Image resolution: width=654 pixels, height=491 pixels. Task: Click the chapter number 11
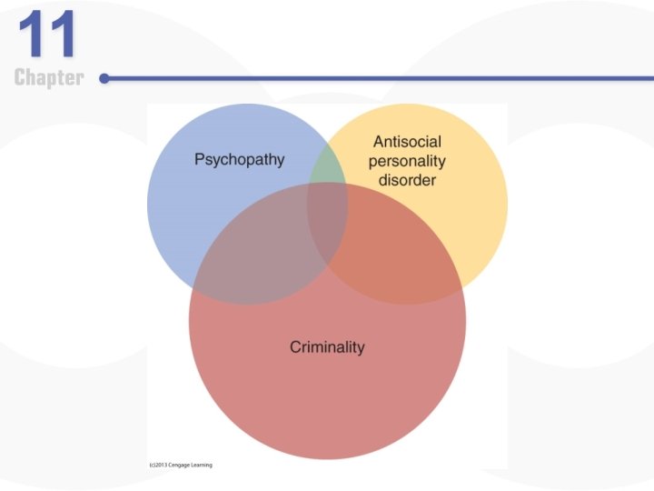48,35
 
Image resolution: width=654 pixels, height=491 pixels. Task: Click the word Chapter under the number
49,78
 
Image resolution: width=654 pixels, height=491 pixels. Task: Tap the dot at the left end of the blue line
104,79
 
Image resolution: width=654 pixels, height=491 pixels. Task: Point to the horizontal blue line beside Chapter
363,79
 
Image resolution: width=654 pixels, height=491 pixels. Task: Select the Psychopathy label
239,160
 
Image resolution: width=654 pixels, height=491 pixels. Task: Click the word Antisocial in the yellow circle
409,142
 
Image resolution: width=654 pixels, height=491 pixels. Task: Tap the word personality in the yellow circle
407,161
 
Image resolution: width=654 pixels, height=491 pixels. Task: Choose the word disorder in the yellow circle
408,180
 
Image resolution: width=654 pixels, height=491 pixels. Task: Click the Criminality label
327,346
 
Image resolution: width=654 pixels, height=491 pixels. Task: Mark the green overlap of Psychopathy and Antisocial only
327,168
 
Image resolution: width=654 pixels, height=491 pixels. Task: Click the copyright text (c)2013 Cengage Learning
180,465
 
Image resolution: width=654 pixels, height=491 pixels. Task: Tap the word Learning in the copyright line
200,465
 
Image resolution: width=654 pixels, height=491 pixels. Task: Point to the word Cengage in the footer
175,465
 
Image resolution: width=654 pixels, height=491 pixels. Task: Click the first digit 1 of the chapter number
34,35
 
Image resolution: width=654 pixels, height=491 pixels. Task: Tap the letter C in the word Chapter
20,78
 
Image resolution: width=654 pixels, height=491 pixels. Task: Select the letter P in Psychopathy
200,160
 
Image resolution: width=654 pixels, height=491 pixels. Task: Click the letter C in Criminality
295,346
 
